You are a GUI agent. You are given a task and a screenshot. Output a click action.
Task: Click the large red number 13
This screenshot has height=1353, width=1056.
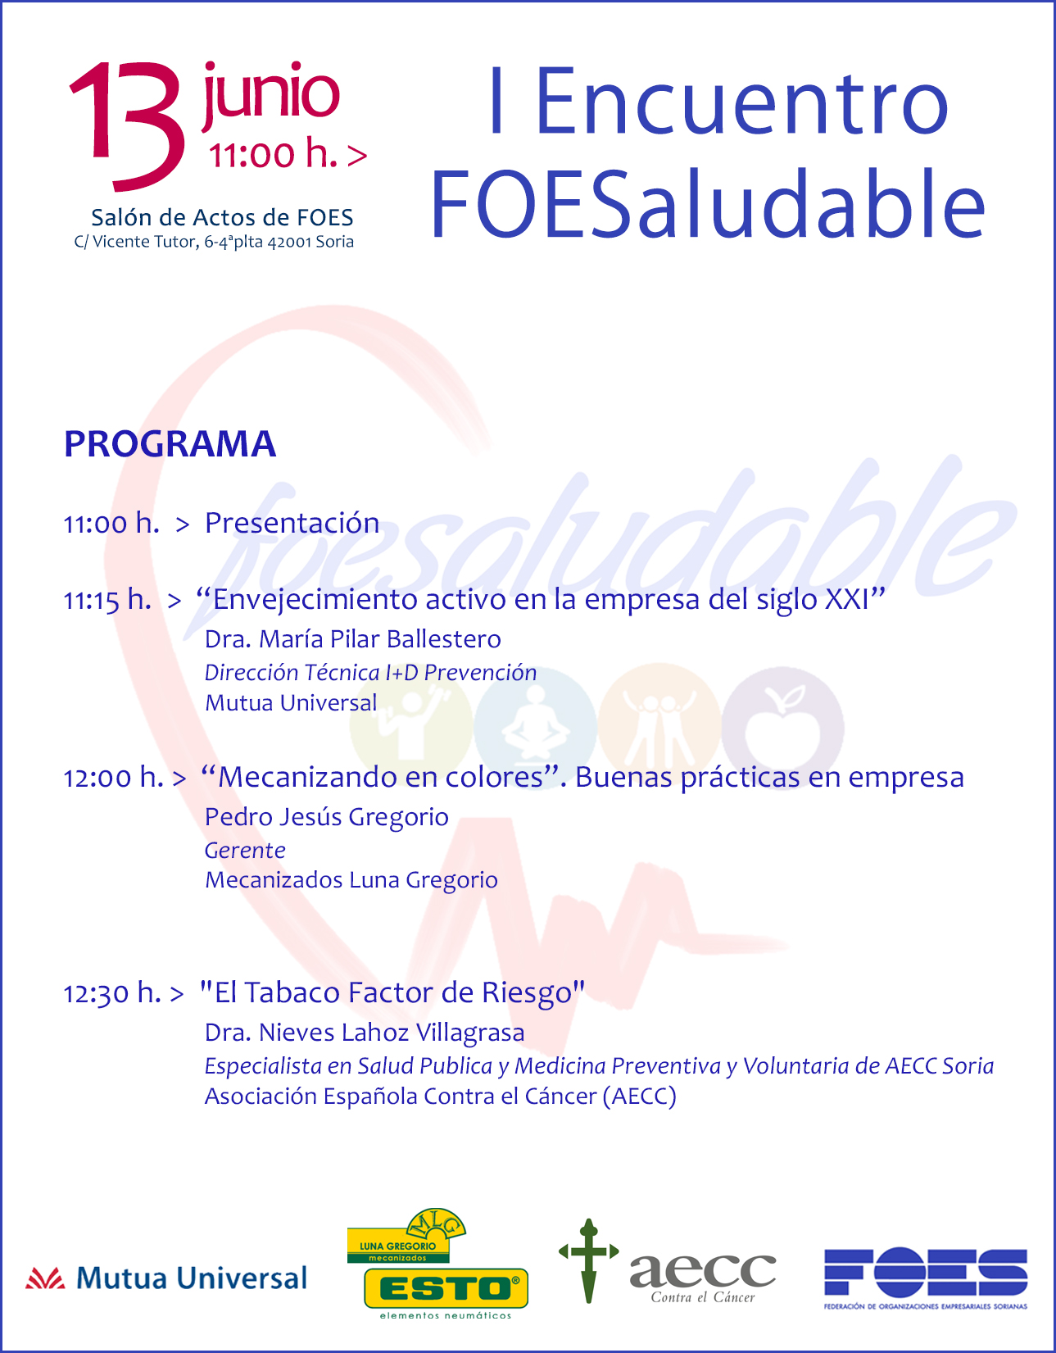coord(128,125)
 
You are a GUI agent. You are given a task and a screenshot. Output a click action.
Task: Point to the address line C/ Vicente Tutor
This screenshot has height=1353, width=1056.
coord(214,242)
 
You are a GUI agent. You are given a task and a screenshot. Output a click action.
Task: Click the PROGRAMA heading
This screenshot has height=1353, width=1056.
coord(170,444)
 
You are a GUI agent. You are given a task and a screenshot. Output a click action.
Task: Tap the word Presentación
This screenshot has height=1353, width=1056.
coord(292,523)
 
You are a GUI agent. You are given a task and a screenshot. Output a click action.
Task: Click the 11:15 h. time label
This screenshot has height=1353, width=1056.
coord(107,600)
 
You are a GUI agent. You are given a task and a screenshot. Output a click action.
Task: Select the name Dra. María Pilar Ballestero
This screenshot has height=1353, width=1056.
coord(353,639)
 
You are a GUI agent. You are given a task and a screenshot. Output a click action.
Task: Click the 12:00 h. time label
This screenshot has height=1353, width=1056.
coord(114,778)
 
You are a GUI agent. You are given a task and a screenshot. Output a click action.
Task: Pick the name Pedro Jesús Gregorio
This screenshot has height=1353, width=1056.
coord(327,818)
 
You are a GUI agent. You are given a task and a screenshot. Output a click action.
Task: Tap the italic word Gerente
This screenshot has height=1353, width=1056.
coord(245,851)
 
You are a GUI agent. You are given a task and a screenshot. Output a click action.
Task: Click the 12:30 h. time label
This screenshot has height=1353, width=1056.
coord(112,993)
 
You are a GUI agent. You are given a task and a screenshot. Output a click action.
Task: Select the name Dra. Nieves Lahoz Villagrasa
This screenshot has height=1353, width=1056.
coord(365,1033)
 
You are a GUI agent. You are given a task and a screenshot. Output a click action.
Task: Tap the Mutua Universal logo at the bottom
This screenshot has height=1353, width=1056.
coord(167,1279)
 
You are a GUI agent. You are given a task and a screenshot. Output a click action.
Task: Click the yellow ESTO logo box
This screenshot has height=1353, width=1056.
coord(446,1288)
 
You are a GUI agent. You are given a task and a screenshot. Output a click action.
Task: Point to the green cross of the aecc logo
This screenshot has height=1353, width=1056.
coord(589,1261)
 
